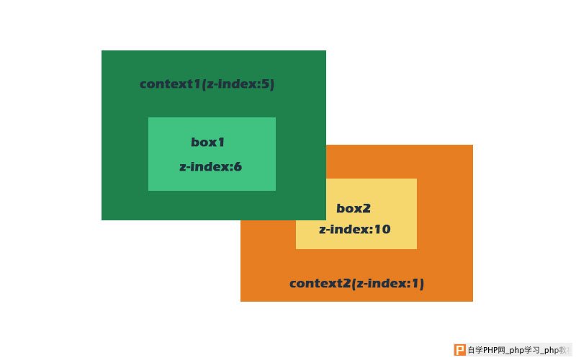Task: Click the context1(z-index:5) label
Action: tap(207, 84)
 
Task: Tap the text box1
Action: tap(207, 142)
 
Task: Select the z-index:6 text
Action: tap(210, 167)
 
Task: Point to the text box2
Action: tap(354, 208)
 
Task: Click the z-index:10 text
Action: tap(355, 229)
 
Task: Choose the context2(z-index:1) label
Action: tap(356, 284)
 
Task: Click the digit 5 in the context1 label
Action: tap(266, 84)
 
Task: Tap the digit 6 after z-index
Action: tap(238, 167)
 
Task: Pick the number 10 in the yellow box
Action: tap(382, 229)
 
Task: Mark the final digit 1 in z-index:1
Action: tap(417, 283)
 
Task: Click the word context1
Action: tap(170, 84)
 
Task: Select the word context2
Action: tap(320, 284)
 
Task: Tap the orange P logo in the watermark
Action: tap(459, 350)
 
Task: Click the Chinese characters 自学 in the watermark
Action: tap(474, 350)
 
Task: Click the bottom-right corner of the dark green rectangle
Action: tap(326, 220)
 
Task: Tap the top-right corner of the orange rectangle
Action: tap(473, 145)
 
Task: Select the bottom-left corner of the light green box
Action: tap(148, 190)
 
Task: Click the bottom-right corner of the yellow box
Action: tap(417, 248)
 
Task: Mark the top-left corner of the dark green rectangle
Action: tap(102, 50)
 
